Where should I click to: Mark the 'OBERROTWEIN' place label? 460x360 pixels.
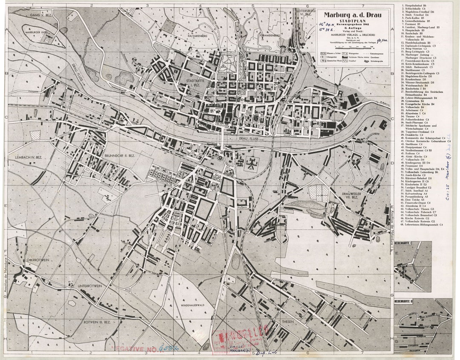click(38, 259)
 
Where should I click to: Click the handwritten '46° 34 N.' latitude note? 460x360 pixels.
click(327, 25)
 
